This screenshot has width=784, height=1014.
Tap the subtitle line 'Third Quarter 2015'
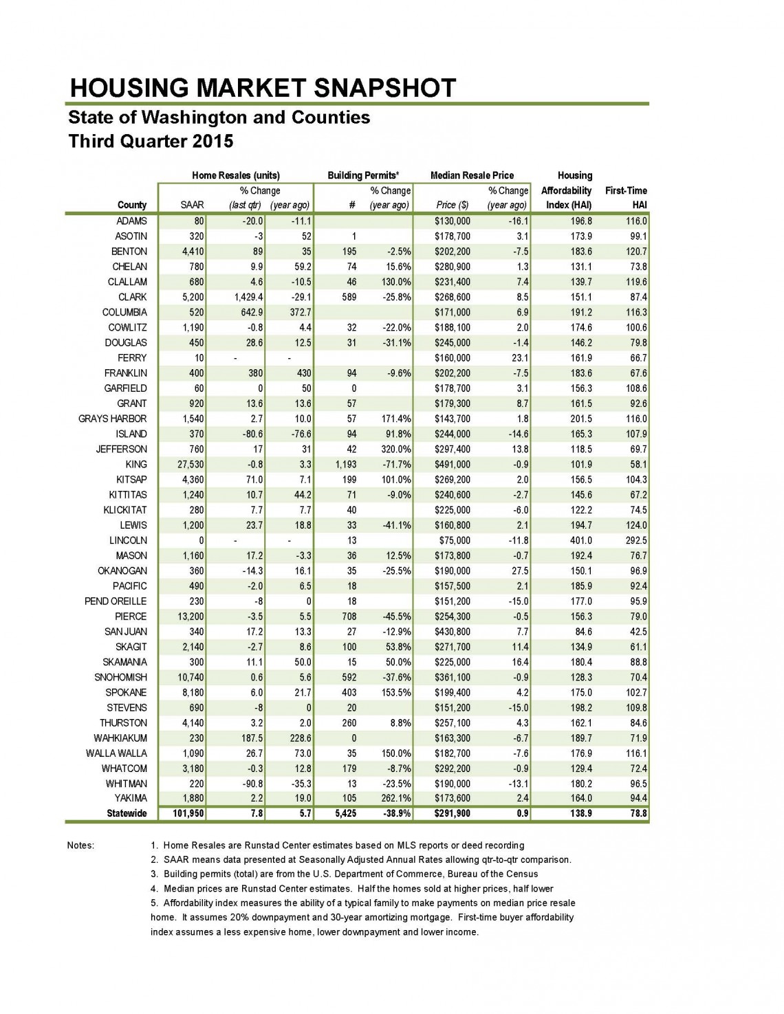pyautogui.click(x=151, y=141)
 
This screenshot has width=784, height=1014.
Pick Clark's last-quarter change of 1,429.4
pyautogui.click(x=244, y=297)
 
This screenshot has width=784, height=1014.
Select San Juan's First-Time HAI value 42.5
pyautogui.click(x=635, y=632)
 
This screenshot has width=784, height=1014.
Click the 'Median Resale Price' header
pyautogui.click(x=472, y=175)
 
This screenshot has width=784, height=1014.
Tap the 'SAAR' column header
pyautogui.click(x=192, y=205)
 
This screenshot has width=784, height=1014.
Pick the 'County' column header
pyautogui.click(x=132, y=205)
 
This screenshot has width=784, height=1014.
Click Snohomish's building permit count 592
pyautogui.click(x=350, y=677)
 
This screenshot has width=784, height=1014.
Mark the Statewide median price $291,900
pyautogui.click(x=452, y=813)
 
